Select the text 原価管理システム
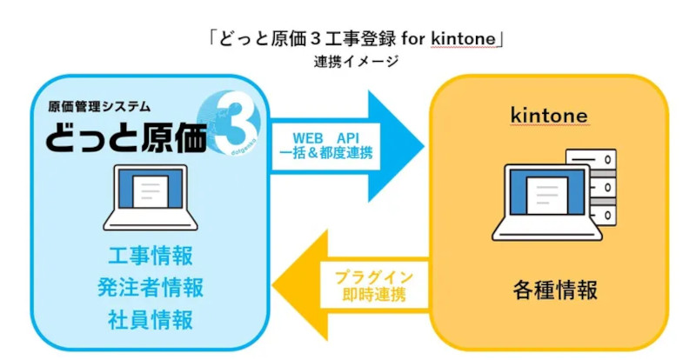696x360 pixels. tap(99, 107)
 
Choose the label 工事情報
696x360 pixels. tap(151, 257)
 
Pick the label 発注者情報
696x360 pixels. tap(151, 288)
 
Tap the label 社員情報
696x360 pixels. tap(151, 319)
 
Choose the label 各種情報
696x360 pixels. tap(549, 290)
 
